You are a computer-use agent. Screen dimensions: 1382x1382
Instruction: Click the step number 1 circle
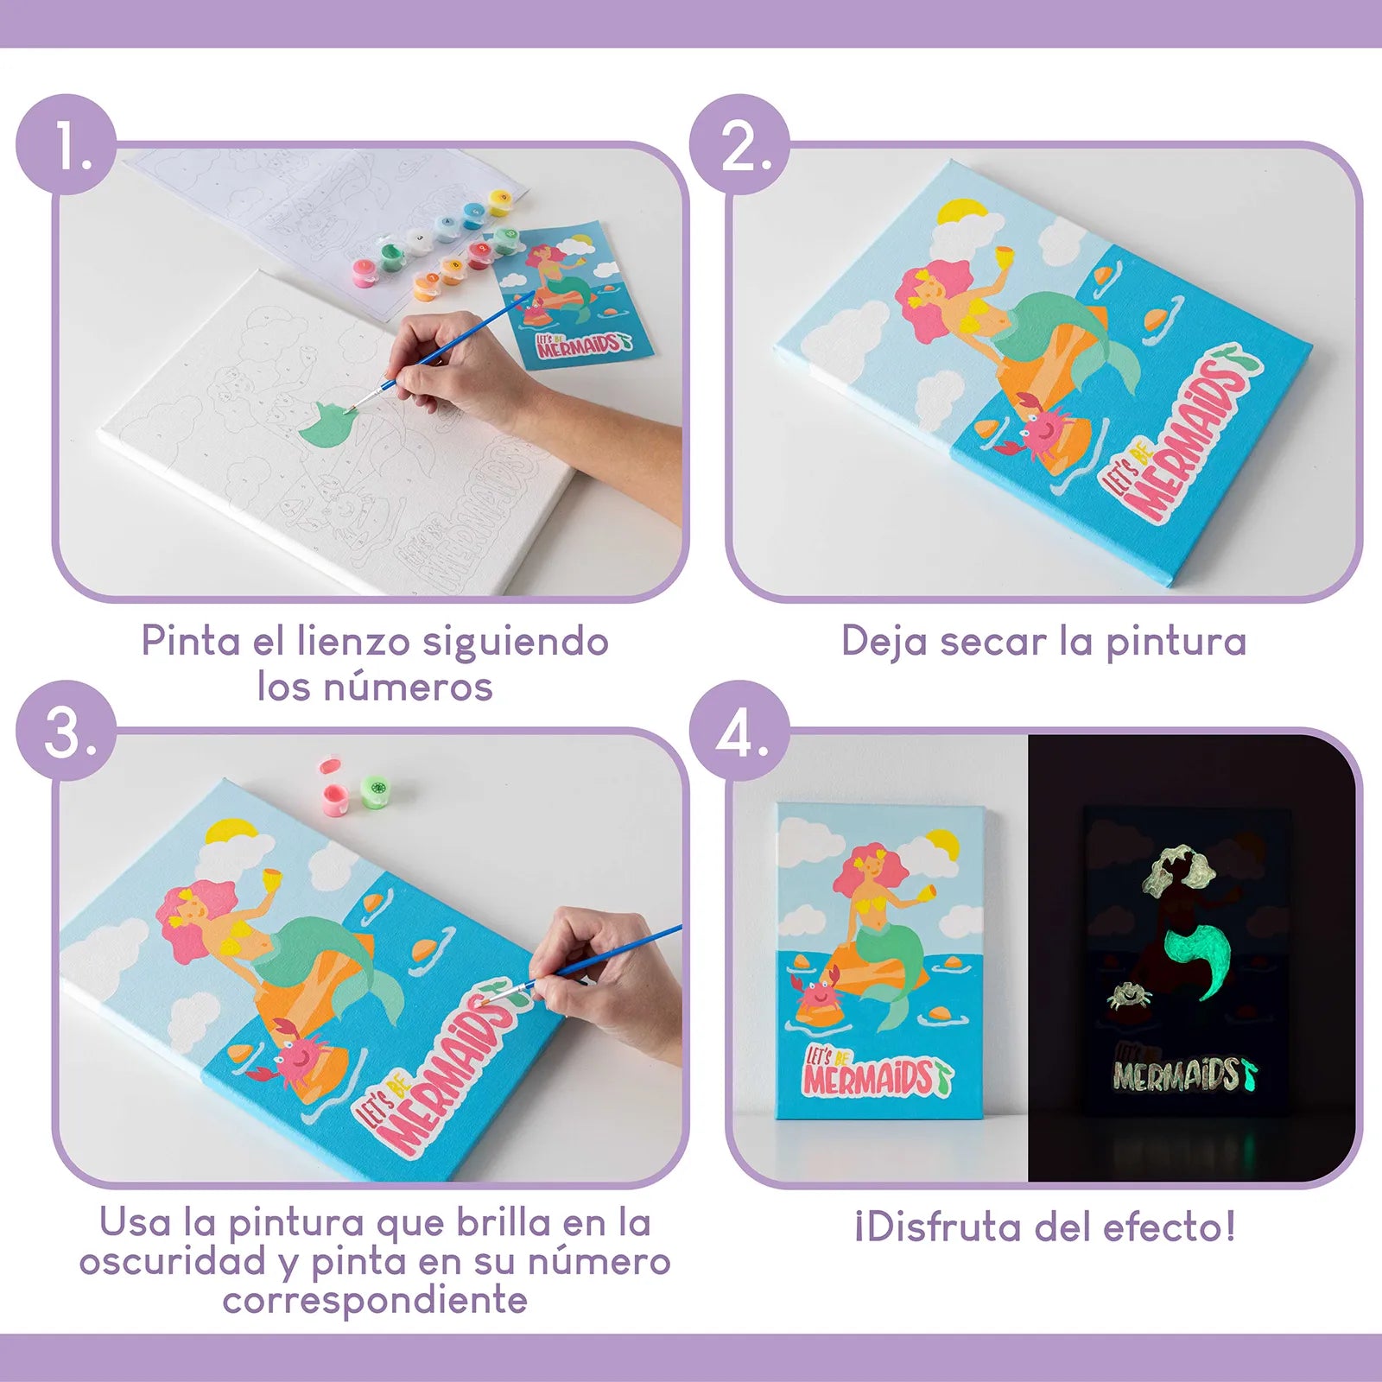67,144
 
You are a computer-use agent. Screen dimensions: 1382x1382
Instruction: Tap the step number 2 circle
739,144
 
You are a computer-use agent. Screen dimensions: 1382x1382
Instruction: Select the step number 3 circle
67,732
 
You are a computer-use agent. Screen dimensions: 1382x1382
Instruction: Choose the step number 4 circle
739,732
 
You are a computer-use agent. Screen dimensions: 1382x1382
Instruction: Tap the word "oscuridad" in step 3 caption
173,1262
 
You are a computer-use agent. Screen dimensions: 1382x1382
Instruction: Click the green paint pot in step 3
375,790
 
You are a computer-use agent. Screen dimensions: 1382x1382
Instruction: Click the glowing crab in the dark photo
1129,997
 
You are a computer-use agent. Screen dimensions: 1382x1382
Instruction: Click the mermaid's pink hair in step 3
194,916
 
